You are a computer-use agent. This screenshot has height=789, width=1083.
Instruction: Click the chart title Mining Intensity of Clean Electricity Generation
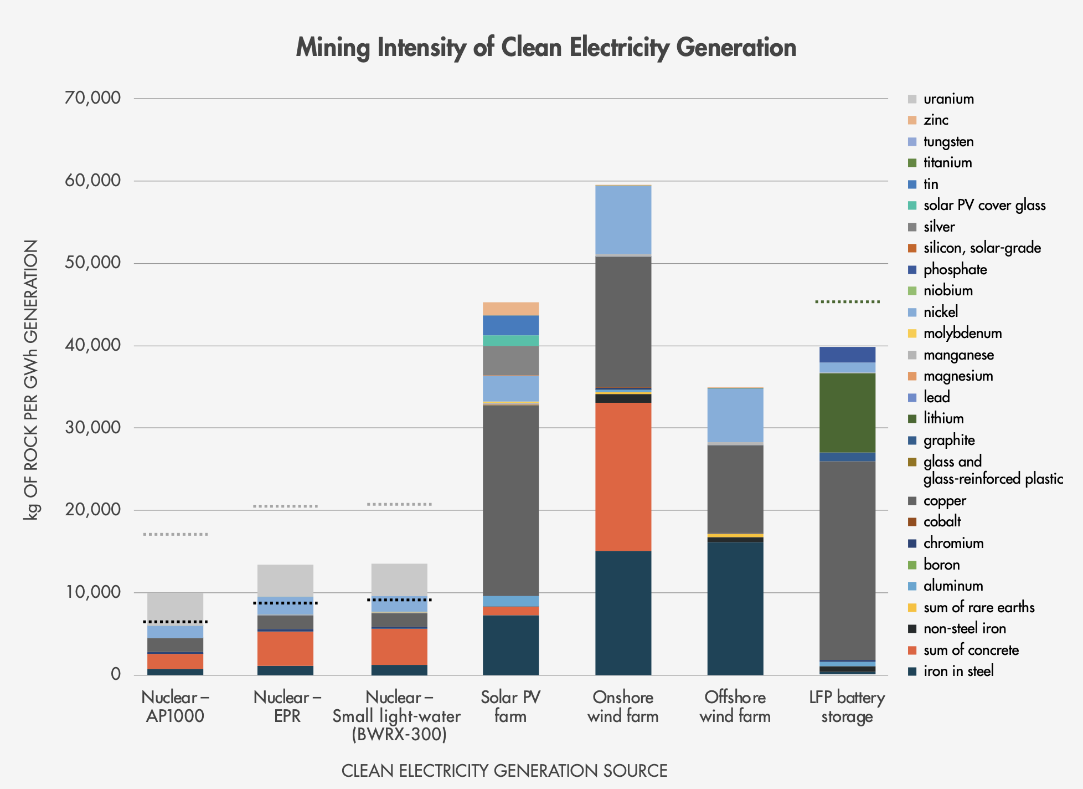point(546,48)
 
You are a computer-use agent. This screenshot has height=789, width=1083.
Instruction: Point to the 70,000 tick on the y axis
point(92,98)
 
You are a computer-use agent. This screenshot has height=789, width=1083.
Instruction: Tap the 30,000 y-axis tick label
point(92,427)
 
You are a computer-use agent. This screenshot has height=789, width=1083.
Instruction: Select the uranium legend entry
point(948,99)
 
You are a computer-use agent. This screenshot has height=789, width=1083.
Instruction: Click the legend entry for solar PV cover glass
point(984,206)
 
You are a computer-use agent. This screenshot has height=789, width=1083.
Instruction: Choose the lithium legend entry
point(943,418)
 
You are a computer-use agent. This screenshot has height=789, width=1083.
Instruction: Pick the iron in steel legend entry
point(958,671)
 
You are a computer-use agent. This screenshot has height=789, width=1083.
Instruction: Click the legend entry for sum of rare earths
point(978,607)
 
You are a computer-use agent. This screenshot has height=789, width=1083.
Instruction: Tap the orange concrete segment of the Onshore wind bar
point(623,477)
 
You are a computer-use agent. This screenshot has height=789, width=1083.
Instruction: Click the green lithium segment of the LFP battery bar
point(847,413)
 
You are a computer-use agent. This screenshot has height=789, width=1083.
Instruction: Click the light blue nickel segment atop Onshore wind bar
point(623,219)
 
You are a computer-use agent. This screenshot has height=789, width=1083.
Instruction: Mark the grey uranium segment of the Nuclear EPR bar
point(285,580)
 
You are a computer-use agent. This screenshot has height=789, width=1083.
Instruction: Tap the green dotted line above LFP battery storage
point(847,302)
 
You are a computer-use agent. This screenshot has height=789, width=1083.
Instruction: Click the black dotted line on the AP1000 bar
point(175,622)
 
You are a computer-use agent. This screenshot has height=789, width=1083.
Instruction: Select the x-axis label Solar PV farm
point(510,706)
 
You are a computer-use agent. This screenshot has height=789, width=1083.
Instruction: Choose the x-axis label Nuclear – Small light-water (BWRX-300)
point(398,716)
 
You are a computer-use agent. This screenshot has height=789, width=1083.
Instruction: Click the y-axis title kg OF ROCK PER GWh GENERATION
point(31,380)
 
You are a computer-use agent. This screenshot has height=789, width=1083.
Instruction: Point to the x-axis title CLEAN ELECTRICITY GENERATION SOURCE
point(504,771)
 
